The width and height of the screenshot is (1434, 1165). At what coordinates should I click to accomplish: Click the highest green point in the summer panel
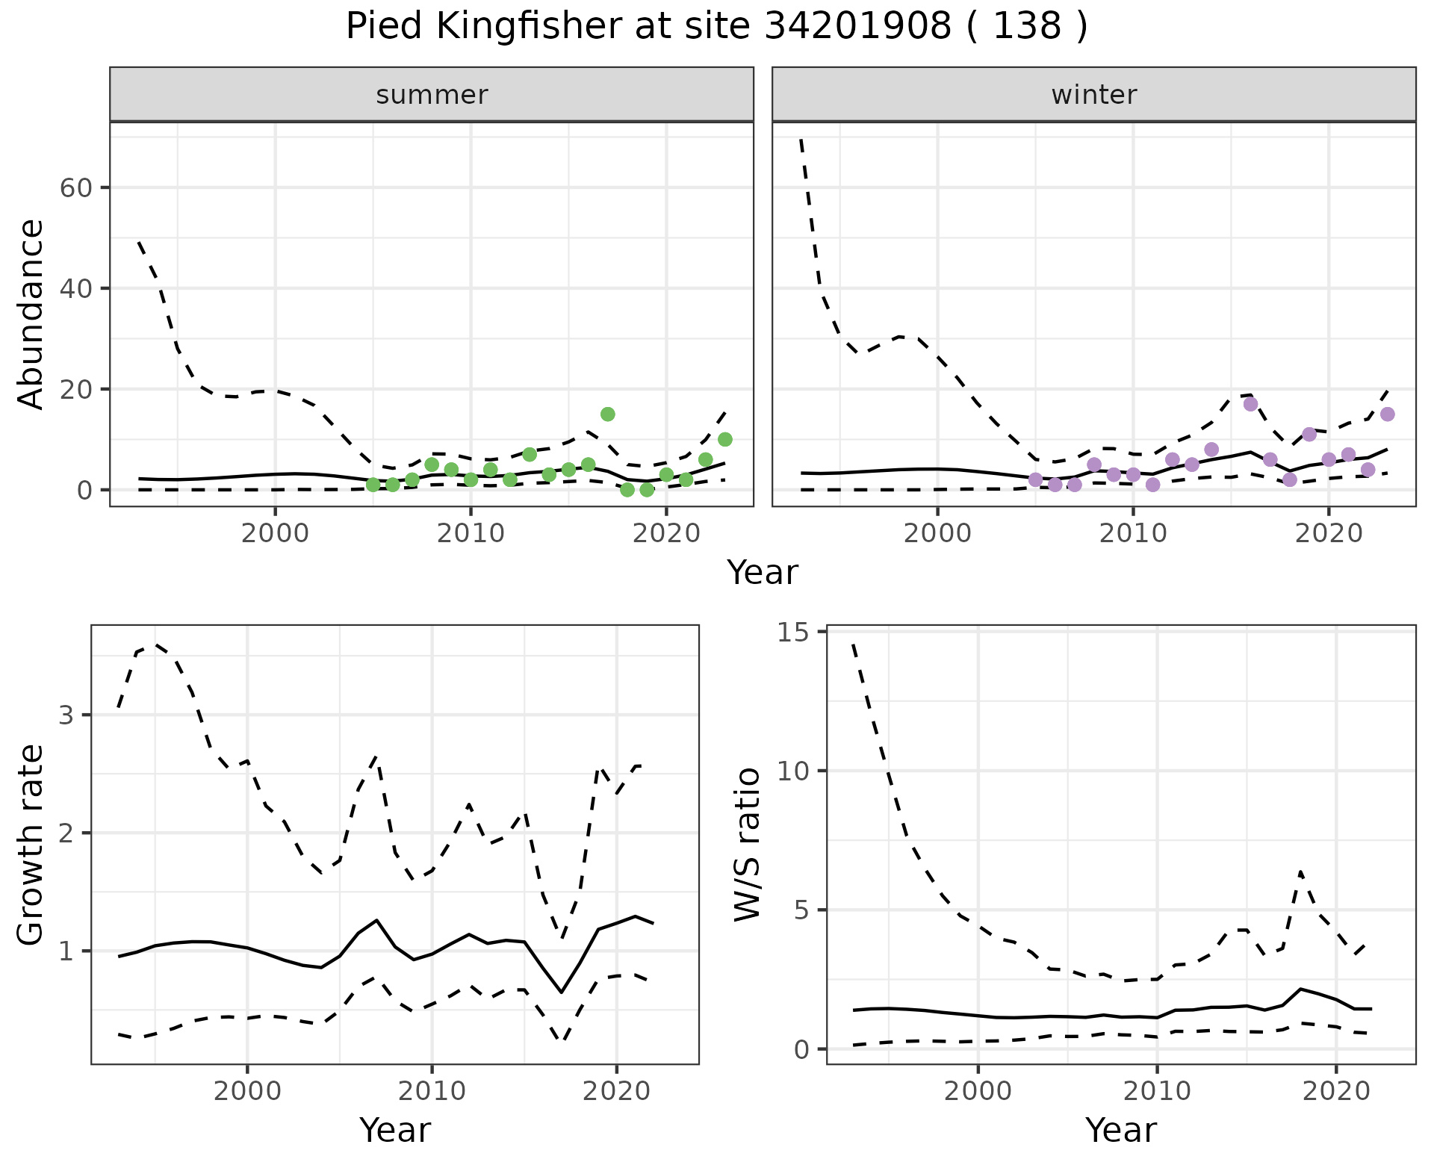point(608,414)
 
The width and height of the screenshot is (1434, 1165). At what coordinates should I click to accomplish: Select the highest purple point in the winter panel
point(1251,404)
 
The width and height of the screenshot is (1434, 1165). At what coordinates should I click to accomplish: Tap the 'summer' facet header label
point(432,95)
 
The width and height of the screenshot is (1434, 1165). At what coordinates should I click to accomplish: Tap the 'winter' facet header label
point(1094,95)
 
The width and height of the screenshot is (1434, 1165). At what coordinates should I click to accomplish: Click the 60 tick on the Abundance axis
point(75,187)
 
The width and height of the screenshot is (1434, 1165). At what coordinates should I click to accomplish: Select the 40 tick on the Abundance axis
point(75,288)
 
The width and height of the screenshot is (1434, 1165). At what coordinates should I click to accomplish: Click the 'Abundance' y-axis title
point(31,314)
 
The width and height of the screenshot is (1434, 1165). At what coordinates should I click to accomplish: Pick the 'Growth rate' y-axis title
point(31,845)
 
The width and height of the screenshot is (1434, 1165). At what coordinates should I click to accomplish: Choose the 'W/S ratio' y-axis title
point(747,845)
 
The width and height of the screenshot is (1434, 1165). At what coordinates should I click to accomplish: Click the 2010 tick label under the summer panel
point(471,534)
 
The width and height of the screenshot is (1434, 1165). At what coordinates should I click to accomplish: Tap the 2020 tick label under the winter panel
point(1329,534)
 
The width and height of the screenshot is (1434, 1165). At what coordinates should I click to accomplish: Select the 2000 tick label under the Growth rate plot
point(247,1091)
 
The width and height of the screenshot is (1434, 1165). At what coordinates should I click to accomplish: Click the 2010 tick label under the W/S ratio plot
point(1157,1091)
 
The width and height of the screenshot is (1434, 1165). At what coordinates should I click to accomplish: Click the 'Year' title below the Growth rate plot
point(395,1130)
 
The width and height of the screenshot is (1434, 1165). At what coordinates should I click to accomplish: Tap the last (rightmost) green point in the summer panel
point(725,439)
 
